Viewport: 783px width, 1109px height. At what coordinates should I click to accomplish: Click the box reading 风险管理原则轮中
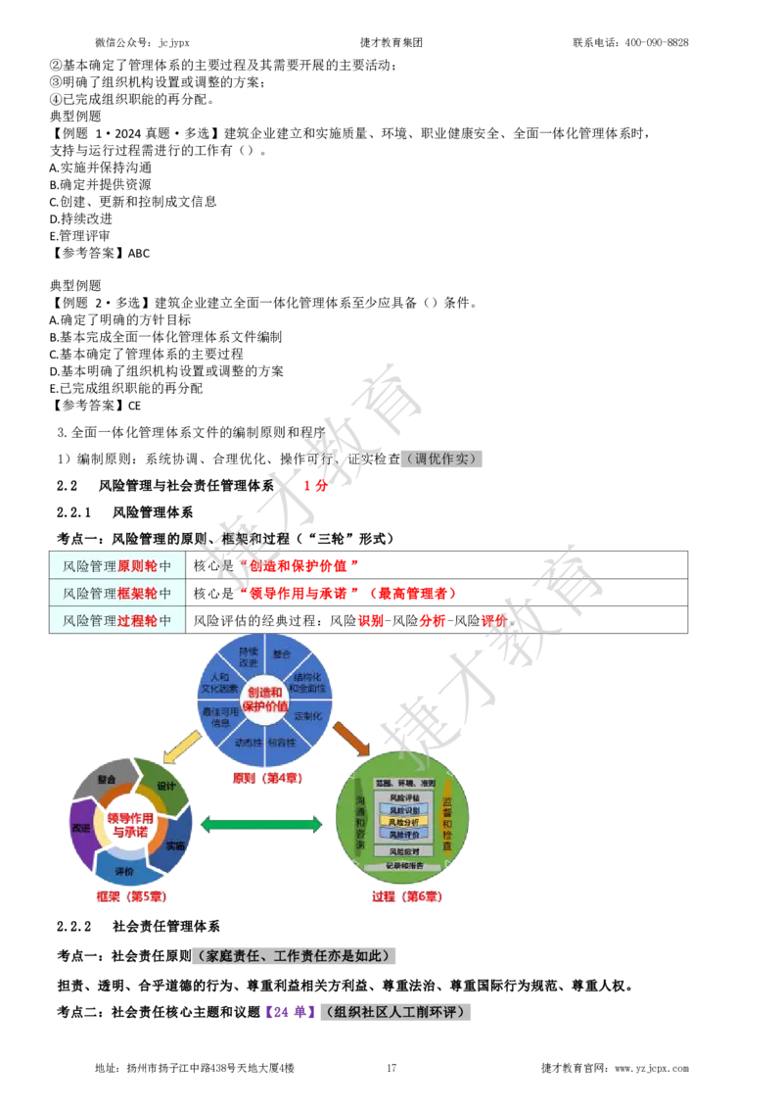point(117,565)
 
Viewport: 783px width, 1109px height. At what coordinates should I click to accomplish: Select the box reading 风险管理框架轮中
point(117,593)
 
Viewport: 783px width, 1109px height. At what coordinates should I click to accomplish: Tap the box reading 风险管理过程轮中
point(117,620)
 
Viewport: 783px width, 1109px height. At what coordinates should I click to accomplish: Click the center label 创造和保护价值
point(264,699)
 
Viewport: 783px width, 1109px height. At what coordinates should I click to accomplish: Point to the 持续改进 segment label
point(248,657)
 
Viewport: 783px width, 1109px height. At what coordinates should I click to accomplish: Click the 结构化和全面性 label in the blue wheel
point(307,682)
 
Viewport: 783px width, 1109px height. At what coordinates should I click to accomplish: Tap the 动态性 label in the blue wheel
point(248,742)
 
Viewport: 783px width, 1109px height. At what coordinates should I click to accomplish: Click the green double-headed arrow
point(261,825)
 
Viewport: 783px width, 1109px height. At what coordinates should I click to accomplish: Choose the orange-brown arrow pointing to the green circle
point(350,738)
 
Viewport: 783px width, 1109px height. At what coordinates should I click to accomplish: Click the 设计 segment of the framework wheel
point(165,787)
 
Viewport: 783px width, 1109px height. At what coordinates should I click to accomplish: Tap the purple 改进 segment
point(80,828)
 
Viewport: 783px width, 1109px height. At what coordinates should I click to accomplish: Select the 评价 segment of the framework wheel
point(124,870)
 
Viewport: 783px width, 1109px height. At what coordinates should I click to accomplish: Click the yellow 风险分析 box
point(403,822)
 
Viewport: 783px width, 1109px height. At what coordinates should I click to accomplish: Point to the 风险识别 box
point(403,810)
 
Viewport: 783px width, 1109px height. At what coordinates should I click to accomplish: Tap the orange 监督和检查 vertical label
point(447,823)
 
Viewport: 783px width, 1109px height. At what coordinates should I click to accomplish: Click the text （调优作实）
point(442,458)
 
